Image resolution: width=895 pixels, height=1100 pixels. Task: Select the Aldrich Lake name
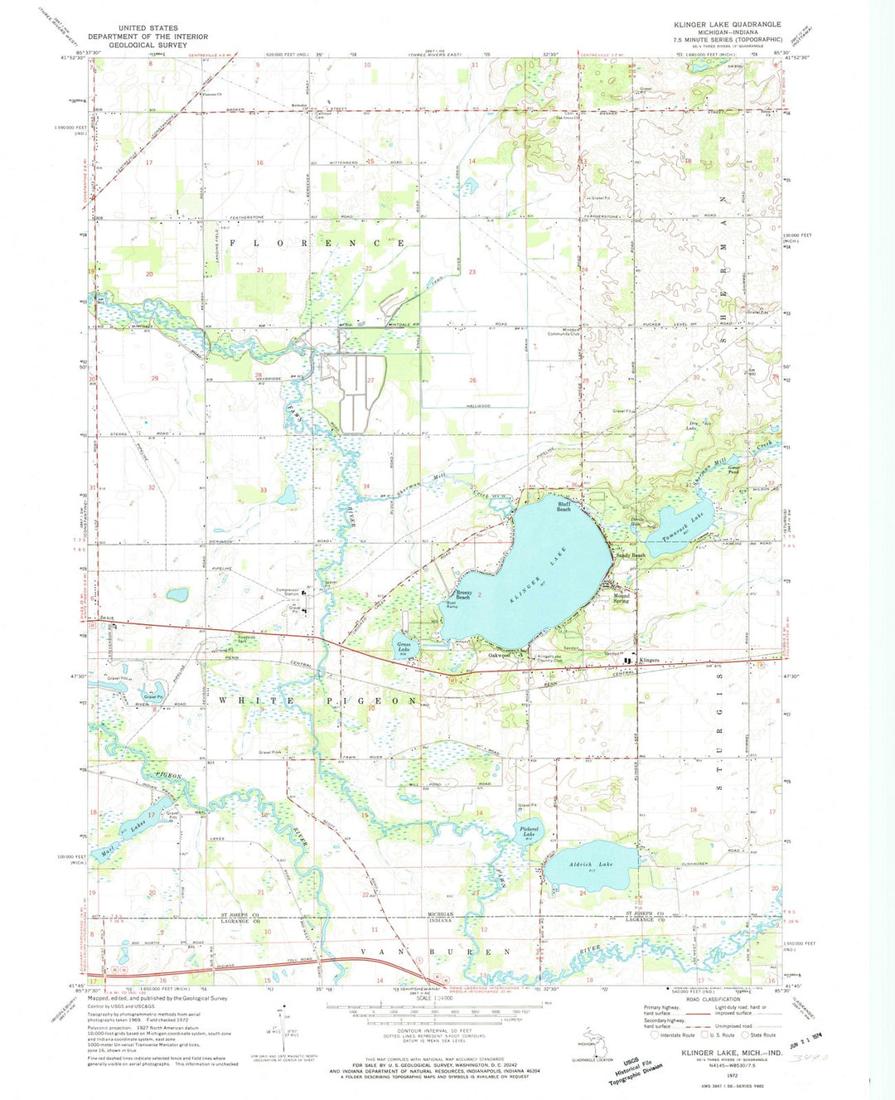(x=590, y=865)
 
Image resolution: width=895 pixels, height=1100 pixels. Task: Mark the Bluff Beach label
(x=564, y=507)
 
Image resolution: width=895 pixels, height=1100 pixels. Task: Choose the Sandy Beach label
(x=631, y=555)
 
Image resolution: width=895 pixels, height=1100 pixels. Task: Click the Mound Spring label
(x=622, y=598)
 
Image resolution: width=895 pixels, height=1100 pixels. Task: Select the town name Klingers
(x=649, y=660)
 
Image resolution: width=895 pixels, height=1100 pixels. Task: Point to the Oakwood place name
(x=499, y=655)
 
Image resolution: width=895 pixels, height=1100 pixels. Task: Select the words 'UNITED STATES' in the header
(x=148, y=28)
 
